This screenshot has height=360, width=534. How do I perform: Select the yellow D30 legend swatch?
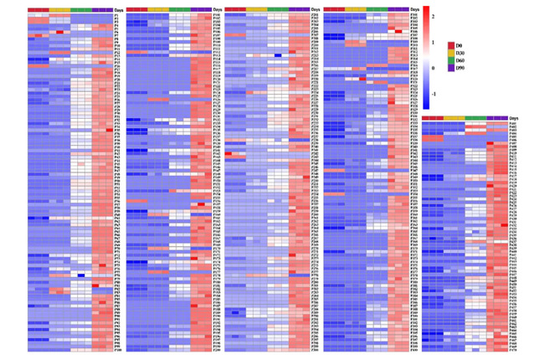pos(450,53)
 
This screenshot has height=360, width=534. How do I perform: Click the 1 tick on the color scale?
pos(433,41)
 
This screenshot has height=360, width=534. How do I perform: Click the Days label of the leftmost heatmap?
pos(118,11)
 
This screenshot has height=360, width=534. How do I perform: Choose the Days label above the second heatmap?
pos(217,11)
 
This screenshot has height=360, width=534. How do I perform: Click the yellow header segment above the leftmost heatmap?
pos(59,11)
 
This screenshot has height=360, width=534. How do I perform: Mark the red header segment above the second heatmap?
pos(136,11)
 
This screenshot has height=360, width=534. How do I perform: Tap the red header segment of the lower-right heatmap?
pos(433,119)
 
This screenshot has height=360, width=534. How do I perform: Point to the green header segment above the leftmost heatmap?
pos(81,11)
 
